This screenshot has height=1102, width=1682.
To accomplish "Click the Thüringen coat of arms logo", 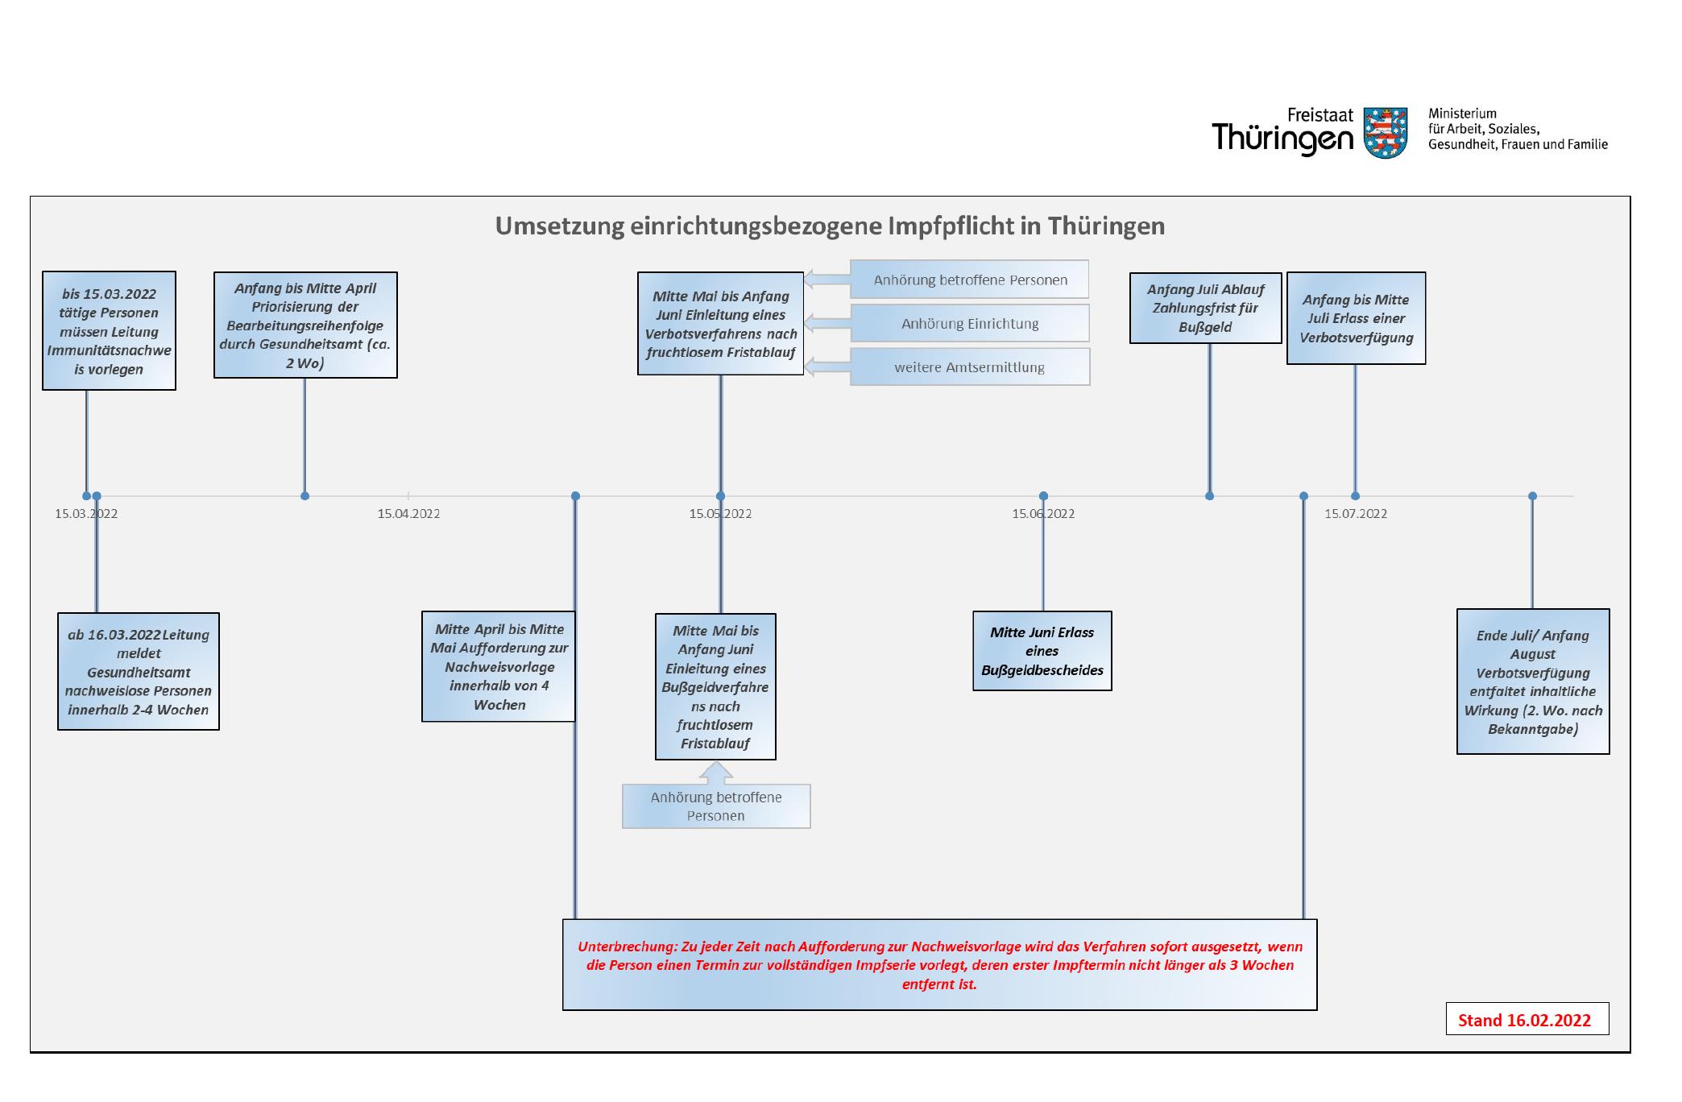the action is click(x=1385, y=132).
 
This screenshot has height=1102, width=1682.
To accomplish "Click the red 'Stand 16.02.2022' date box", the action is click(x=1527, y=1018).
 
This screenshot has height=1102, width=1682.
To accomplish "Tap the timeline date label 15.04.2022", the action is click(x=408, y=514).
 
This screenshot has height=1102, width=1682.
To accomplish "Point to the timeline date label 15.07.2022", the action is click(x=1356, y=514).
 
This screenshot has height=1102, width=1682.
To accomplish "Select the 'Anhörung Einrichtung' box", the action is click(x=970, y=323).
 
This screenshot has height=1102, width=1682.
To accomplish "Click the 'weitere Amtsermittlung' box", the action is click(x=970, y=367).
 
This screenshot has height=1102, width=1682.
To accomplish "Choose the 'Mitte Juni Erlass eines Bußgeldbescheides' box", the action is click(x=1042, y=651).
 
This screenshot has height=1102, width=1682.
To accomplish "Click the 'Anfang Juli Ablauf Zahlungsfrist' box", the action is click(x=1205, y=309).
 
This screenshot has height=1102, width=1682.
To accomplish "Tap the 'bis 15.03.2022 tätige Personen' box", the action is click(x=109, y=331).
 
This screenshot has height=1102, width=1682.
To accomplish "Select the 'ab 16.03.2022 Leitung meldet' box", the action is click(x=139, y=672).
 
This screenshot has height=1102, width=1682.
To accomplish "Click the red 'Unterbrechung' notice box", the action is click(x=939, y=964).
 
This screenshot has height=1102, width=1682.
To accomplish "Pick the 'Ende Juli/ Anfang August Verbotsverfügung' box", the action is click(x=1533, y=681).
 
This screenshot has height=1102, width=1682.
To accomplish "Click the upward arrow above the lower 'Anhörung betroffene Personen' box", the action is click(x=716, y=773).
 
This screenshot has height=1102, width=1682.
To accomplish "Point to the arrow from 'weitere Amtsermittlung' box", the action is click(x=827, y=367).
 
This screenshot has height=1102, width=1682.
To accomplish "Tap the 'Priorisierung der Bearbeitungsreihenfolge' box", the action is click(x=305, y=325).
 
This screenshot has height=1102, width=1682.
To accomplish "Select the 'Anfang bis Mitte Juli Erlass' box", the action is click(x=1356, y=318).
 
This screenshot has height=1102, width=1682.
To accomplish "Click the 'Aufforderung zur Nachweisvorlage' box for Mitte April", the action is click(x=499, y=666).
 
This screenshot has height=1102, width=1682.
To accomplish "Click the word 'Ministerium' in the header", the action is click(x=1462, y=114).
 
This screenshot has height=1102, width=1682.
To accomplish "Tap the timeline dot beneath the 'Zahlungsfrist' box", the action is click(x=1209, y=496).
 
